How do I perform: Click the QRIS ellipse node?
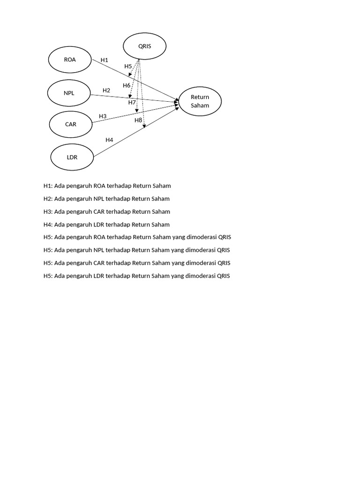tap(144, 46)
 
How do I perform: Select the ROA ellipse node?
tap(70, 60)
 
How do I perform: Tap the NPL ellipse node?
tap(69, 93)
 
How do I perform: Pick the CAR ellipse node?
tap(71, 124)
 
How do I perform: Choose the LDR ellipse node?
tap(72, 157)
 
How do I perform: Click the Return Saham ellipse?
tap(200, 101)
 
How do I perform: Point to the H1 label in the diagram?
tap(105, 60)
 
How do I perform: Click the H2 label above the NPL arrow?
tap(106, 90)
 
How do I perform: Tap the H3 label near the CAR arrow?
tap(103, 116)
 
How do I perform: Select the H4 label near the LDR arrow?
tap(109, 140)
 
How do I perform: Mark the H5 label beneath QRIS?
tap(128, 67)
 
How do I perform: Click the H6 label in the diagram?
tap(127, 85)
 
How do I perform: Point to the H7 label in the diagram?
tap(132, 102)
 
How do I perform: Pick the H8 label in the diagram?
tap(138, 120)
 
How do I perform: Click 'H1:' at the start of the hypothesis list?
tap(48, 186)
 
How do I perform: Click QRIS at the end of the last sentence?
tap(224, 276)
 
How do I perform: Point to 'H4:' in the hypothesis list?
tap(48, 225)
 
